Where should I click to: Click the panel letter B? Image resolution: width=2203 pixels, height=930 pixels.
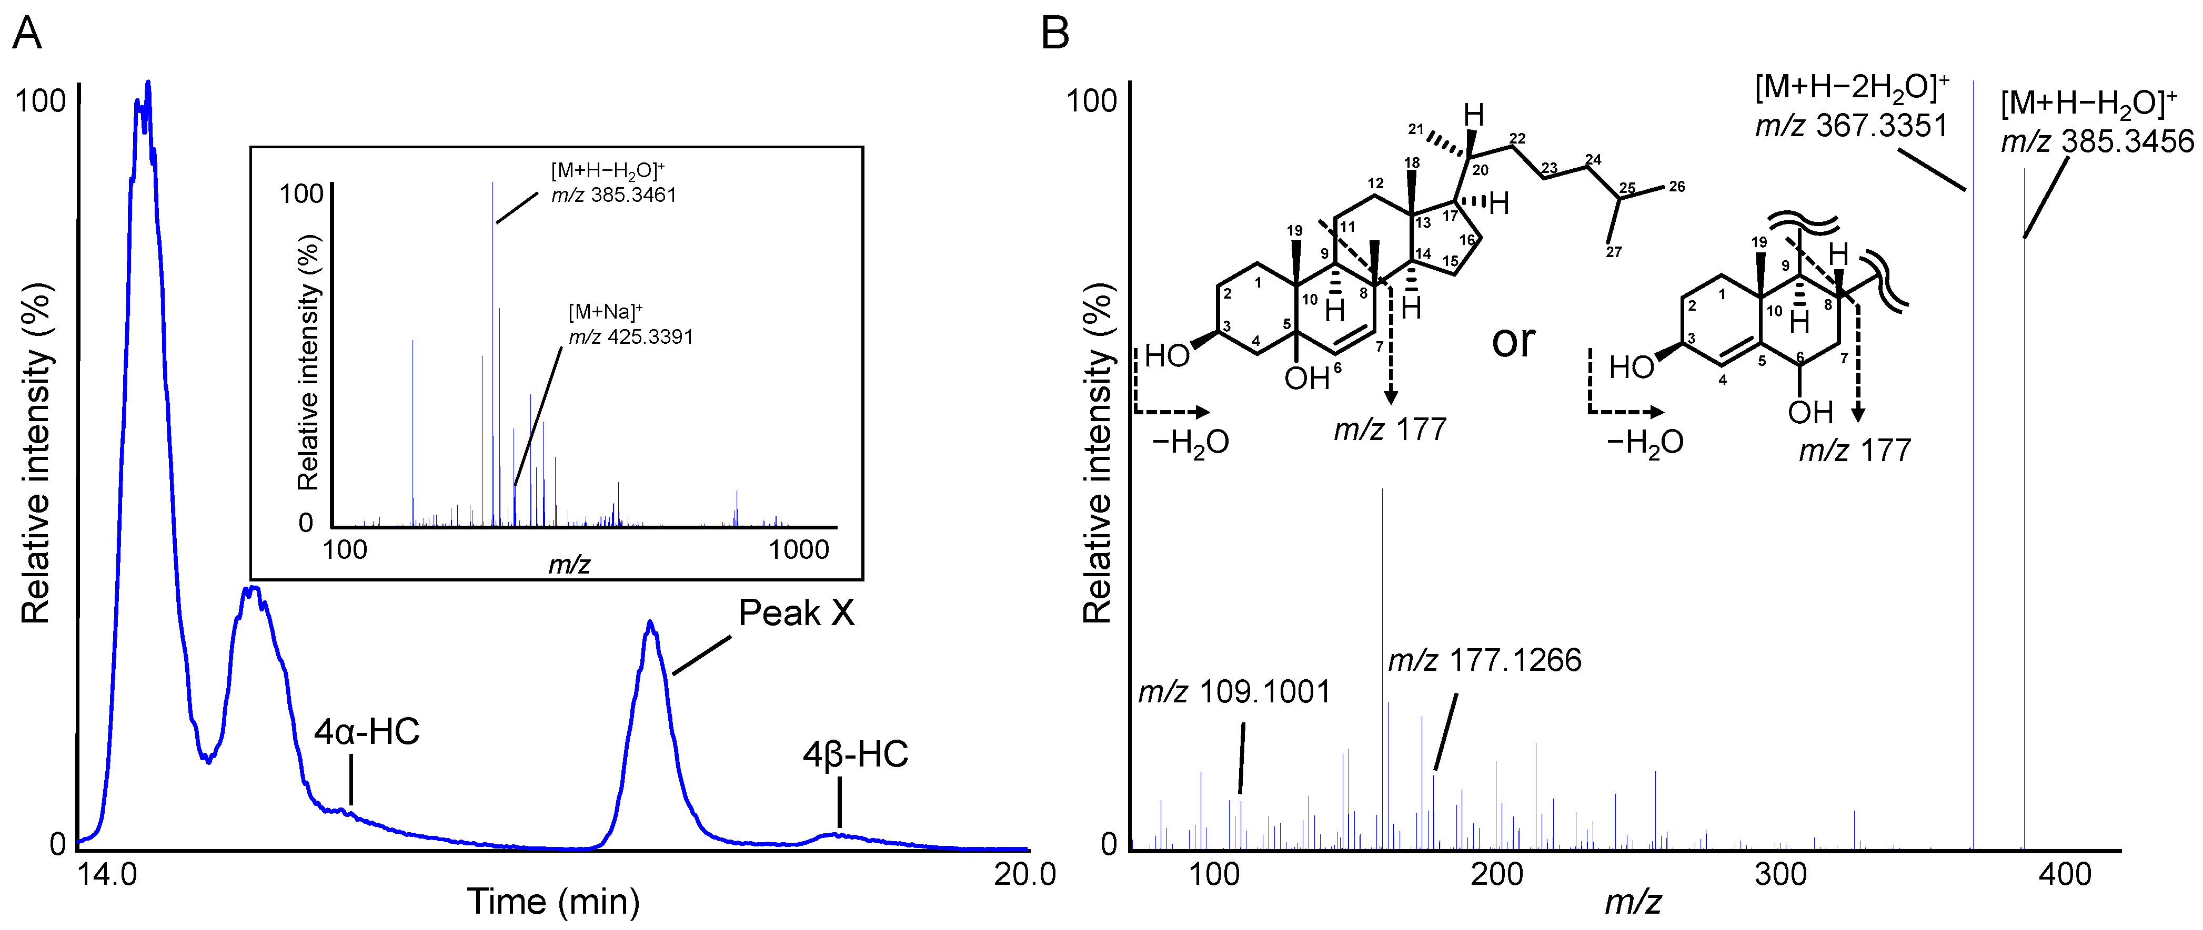click(1055, 35)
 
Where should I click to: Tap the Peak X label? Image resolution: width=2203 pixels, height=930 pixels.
click(796, 613)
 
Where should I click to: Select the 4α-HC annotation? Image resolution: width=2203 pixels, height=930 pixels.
click(367, 732)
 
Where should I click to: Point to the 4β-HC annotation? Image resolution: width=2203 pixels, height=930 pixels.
click(855, 755)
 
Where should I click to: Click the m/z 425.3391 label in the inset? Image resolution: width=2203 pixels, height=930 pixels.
click(631, 337)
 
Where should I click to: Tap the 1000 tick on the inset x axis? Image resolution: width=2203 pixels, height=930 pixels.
click(799, 549)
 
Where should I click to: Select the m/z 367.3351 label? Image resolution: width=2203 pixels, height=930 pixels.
click(1852, 126)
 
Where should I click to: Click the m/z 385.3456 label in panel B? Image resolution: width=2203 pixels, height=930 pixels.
click(2097, 141)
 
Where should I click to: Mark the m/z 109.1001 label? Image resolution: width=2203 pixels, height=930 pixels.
click(1234, 692)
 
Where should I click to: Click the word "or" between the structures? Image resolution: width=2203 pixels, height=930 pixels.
click(1514, 341)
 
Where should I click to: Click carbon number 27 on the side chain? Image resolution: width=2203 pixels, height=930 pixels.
click(1613, 252)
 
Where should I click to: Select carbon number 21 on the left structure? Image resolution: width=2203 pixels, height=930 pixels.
click(1416, 129)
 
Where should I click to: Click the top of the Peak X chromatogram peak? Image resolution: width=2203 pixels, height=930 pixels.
click(651, 623)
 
